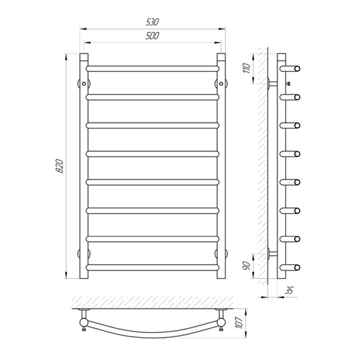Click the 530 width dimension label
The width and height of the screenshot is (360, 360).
pyautogui.click(x=152, y=22)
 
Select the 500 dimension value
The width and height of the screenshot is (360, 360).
pyautogui.click(x=152, y=36)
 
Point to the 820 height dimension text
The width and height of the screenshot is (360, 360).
pyautogui.click(x=59, y=166)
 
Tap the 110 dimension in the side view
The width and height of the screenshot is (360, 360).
pyautogui.click(x=246, y=68)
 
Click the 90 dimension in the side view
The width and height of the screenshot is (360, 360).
pyautogui.click(x=247, y=266)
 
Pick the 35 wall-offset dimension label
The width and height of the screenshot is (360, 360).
pyautogui.click(x=289, y=290)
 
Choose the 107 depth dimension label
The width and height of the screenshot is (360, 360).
pyautogui.click(x=239, y=323)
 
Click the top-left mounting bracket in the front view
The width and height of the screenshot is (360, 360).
pyautogui.click(x=84, y=83)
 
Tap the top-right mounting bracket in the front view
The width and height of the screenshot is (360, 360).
pyautogui.click(x=221, y=83)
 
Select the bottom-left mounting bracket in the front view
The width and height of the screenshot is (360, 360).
pyautogui.click(x=84, y=253)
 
